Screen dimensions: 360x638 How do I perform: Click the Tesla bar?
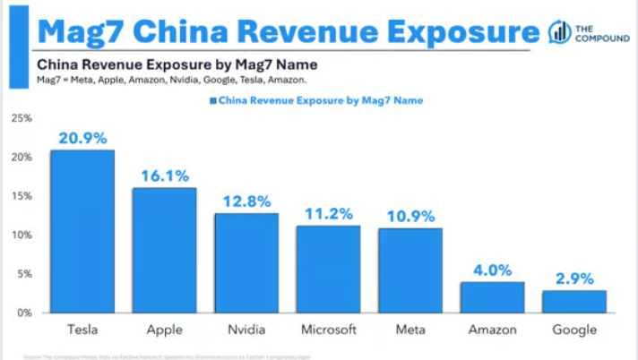[x=82, y=231]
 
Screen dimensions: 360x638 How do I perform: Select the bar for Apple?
[x=164, y=250]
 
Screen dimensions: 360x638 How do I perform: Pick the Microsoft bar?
[x=328, y=269]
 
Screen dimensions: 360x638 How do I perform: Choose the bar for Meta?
[x=410, y=270]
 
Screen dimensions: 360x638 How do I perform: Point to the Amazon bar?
[x=492, y=297]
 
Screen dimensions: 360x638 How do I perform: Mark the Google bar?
[x=573, y=302]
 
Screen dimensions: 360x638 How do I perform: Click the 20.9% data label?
[x=82, y=138]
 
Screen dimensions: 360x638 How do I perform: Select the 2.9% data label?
[x=573, y=278]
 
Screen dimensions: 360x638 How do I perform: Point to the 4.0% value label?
[x=492, y=270]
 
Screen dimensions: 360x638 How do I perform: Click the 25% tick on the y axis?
[x=22, y=118]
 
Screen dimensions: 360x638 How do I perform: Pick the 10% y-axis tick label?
[x=22, y=235]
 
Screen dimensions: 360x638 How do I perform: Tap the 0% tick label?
[x=24, y=313]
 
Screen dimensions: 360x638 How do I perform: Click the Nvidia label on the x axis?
[x=246, y=330]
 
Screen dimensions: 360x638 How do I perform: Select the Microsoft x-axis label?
[x=328, y=330]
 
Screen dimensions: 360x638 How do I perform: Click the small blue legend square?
[x=211, y=101]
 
